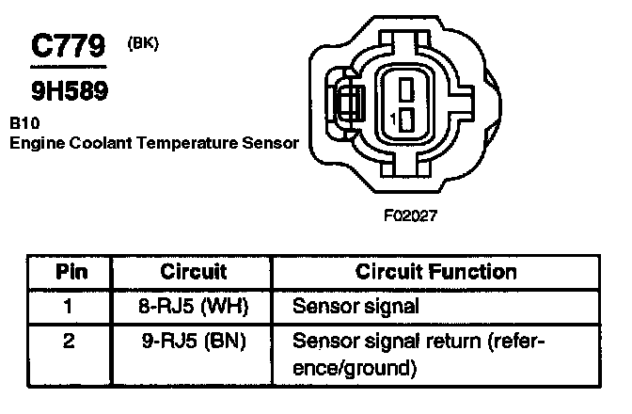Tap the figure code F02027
(411, 215)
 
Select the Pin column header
(68, 273)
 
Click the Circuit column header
(194, 273)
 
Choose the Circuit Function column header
(435, 273)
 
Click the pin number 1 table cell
(68, 306)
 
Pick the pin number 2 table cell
(68, 339)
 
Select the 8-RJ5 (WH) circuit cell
(194, 306)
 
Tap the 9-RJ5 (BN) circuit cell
(194, 339)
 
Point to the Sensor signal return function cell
(419, 352)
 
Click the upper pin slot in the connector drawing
(405, 90)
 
